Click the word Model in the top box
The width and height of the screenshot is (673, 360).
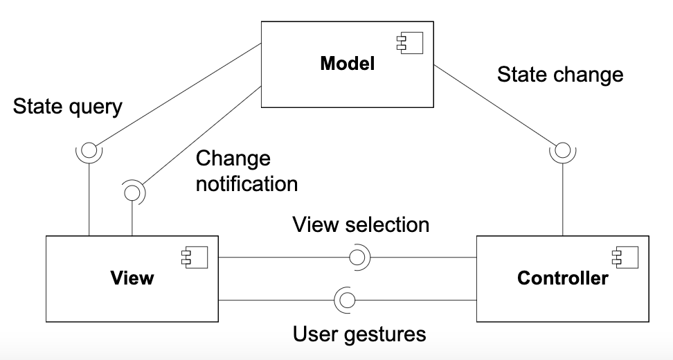click(x=347, y=64)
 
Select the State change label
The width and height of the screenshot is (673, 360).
click(x=560, y=74)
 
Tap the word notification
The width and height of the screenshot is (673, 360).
click(x=247, y=183)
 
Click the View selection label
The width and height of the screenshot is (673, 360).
click(x=361, y=224)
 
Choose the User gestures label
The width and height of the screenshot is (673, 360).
click(x=359, y=334)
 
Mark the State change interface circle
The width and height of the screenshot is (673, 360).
click(x=562, y=150)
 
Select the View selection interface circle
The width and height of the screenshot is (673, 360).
click(x=357, y=258)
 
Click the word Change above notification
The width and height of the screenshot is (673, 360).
click(x=233, y=159)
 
